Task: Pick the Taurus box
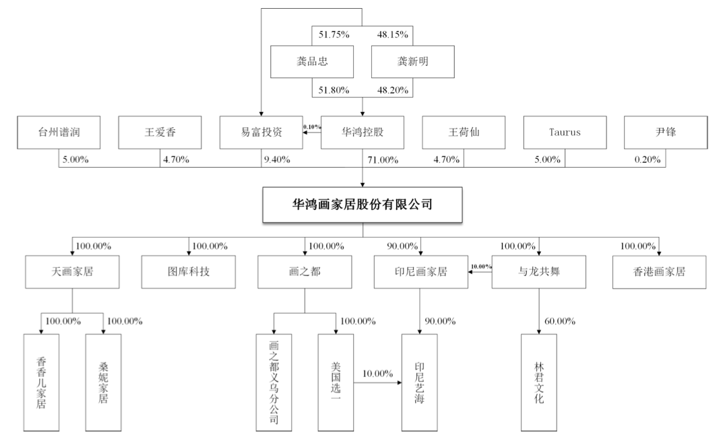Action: click(x=564, y=133)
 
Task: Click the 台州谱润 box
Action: click(x=59, y=133)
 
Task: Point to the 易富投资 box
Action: click(x=261, y=133)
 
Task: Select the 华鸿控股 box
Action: click(x=362, y=133)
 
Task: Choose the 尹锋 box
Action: click(x=665, y=133)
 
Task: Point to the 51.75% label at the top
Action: click(x=331, y=34)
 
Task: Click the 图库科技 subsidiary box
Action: click(x=183, y=272)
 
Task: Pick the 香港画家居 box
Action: click(x=653, y=272)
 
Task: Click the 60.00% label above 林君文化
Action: click(x=559, y=320)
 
